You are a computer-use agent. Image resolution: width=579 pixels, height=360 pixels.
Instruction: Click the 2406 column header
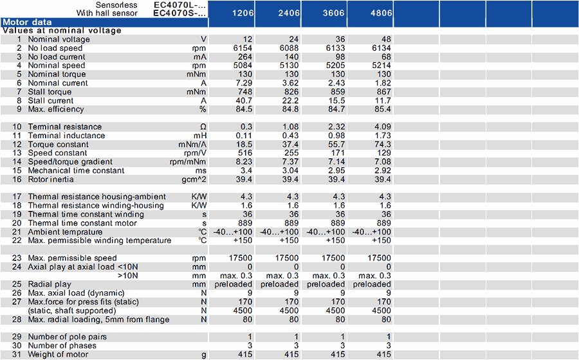[289, 13]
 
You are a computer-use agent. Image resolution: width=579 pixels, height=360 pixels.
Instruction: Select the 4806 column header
[381, 13]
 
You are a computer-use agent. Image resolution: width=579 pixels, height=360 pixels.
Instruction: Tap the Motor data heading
[27, 22]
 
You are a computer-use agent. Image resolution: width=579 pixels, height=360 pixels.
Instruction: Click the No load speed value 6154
[243, 48]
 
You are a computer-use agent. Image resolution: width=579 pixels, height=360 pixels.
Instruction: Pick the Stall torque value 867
[383, 92]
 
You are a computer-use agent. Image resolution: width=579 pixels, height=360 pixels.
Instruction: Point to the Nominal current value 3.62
[291, 83]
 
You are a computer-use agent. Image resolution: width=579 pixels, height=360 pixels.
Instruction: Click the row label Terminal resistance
[64, 127]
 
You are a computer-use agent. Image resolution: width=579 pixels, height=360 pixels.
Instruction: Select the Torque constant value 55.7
[336, 144]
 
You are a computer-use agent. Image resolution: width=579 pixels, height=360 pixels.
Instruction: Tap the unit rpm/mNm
[188, 162]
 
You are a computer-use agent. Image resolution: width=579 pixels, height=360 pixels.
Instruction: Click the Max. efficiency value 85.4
[383, 109]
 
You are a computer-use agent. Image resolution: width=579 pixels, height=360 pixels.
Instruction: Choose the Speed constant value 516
[245, 153]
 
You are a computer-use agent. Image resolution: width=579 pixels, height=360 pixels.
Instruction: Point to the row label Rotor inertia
[51, 179]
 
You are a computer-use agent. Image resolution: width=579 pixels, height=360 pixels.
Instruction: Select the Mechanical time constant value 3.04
[291, 171]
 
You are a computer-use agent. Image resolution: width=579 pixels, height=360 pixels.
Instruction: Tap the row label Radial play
[50, 284]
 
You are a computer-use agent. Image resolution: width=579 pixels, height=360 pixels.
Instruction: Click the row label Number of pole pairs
[67, 337]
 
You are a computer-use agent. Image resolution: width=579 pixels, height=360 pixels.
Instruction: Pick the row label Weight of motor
[58, 354]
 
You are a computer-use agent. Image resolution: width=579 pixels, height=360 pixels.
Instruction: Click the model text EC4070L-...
[179, 5]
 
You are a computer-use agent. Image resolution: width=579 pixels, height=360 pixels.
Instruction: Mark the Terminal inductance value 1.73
[383, 136]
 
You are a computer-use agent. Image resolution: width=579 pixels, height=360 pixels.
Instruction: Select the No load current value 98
[340, 57]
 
